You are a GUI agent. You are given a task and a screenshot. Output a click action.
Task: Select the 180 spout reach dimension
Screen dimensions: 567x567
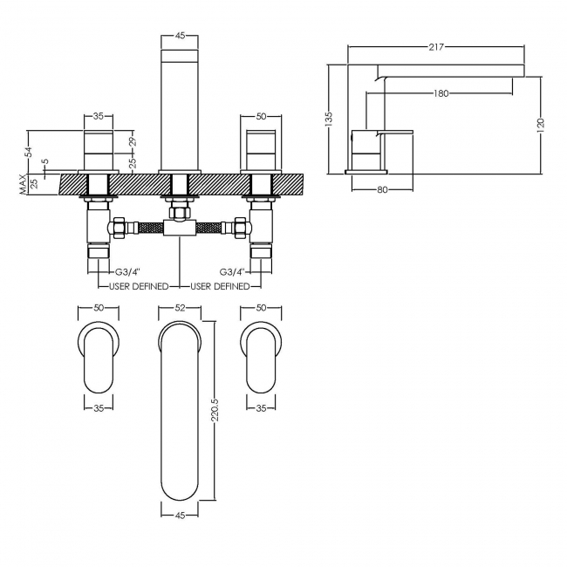pyautogui.click(x=441, y=93)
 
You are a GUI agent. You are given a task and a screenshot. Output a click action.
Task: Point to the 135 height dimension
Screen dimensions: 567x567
pyautogui.click(x=329, y=118)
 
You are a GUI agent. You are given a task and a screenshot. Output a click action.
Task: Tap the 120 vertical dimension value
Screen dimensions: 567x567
pyautogui.click(x=541, y=124)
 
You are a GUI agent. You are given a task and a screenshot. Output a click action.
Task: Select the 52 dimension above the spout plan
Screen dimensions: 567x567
pyautogui.click(x=180, y=307)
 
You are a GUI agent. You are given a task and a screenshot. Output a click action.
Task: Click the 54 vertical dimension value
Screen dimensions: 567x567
pyautogui.click(x=29, y=152)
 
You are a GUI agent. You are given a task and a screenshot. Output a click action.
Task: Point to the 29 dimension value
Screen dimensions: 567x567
pyautogui.click(x=132, y=141)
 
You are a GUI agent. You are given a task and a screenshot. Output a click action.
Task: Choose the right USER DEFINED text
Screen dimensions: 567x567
pyautogui.click(x=220, y=285)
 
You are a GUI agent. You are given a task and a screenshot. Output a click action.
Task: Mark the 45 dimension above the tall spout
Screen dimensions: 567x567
pyautogui.click(x=180, y=36)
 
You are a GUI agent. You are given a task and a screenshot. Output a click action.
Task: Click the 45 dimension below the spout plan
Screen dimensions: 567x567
pyautogui.click(x=180, y=516)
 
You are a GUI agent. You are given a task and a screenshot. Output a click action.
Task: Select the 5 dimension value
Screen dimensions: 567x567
pyautogui.click(x=45, y=162)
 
